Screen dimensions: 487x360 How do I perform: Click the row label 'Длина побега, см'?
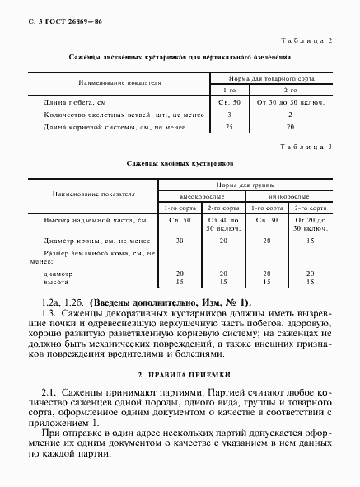click(75, 102)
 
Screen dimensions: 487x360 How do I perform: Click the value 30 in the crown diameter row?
click(179, 240)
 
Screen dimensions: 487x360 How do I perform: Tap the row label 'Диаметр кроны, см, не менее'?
click(97, 240)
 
